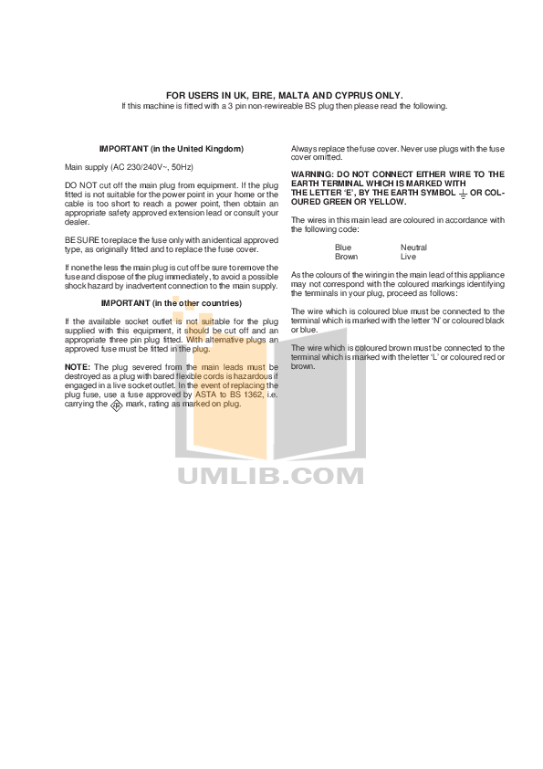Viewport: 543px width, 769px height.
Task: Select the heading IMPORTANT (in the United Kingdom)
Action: pyautogui.click(x=172, y=149)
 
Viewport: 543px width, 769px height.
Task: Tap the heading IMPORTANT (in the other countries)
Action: pyautogui.click(x=172, y=303)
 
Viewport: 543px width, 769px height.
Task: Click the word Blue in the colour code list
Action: pyautogui.click(x=343, y=248)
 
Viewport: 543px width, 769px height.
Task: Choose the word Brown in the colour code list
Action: pyautogui.click(x=347, y=257)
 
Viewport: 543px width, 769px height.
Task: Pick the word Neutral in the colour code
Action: pyautogui.click(x=413, y=248)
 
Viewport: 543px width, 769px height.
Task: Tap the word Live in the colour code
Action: pyautogui.click(x=408, y=257)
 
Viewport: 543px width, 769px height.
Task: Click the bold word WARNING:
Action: pyautogui.click(x=312, y=174)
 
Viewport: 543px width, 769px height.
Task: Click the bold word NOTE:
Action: pyautogui.click(x=78, y=367)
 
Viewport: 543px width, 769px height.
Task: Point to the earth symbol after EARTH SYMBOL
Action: pyautogui.click(x=463, y=194)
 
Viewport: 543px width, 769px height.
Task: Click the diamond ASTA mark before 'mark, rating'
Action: pyautogui.click(x=116, y=406)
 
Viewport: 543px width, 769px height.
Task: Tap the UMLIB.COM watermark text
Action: pyautogui.click(x=270, y=476)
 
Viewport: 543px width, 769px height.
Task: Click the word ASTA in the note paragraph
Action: pyautogui.click(x=206, y=395)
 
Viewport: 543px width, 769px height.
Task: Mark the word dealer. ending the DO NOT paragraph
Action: pyautogui.click(x=77, y=222)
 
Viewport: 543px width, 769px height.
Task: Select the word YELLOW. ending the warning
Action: pyautogui.click(x=388, y=202)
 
